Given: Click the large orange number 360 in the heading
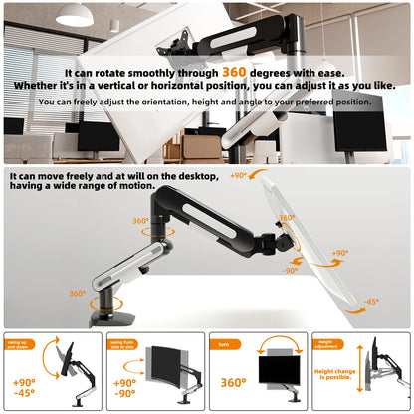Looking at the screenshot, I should coord(234,72).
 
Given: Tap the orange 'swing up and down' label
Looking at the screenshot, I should coord(21,342).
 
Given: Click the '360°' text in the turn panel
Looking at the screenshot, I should coord(232,381).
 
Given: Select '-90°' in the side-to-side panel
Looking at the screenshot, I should coord(125,394).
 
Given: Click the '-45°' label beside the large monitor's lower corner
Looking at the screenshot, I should coord(370,302).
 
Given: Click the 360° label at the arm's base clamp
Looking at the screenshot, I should coord(77,294).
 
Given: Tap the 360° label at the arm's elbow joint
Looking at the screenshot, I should coord(140,221).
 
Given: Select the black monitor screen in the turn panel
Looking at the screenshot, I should coord(280,374).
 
